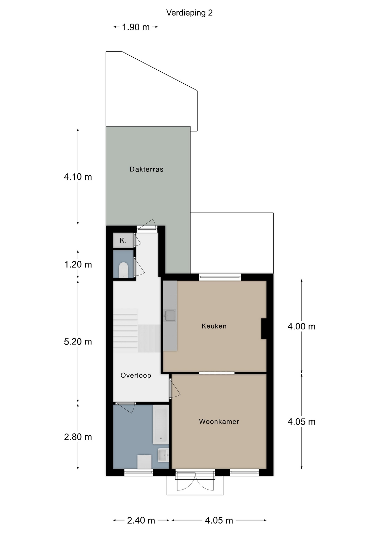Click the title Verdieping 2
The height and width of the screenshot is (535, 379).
[x=189, y=13]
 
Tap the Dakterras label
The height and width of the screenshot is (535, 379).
[x=147, y=169]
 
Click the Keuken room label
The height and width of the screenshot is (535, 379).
[x=214, y=326]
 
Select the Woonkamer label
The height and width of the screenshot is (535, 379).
[x=219, y=422]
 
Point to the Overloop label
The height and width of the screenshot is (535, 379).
[x=136, y=375]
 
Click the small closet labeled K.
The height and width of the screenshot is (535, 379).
[x=123, y=240]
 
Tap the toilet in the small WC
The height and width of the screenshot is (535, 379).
[x=123, y=270]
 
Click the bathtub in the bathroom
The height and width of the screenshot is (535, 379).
[x=161, y=424]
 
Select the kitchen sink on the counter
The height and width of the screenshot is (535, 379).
[x=170, y=316]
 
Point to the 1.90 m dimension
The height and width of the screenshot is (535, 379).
[x=136, y=27]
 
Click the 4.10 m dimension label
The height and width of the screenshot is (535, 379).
[x=78, y=177]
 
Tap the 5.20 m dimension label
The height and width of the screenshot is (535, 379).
[x=78, y=342]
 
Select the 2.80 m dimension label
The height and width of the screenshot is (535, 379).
[x=78, y=437]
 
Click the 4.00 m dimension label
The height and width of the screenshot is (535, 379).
[x=302, y=326]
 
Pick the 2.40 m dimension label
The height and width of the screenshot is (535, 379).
[x=141, y=520]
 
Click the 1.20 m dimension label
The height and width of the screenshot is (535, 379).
[x=78, y=264]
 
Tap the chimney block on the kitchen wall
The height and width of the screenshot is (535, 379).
[x=264, y=329]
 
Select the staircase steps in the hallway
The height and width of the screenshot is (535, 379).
[x=125, y=330]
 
